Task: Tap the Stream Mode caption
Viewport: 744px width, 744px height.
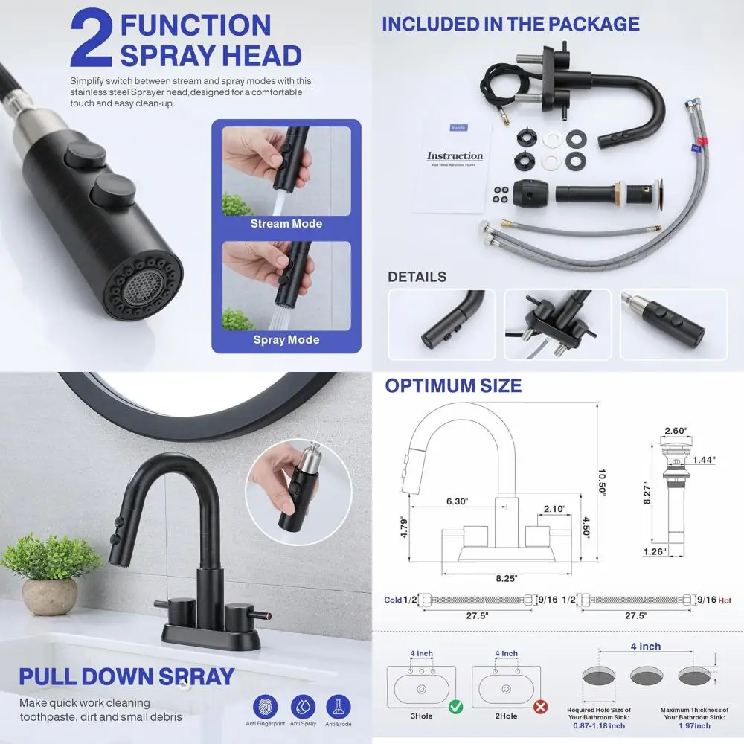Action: [x=286, y=224]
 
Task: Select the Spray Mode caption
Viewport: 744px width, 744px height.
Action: [x=286, y=340]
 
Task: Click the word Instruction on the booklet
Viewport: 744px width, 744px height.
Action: [x=455, y=156]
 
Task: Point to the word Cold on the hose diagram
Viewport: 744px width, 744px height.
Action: [x=393, y=600]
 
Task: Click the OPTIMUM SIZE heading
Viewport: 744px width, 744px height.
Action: [x=452, y=386]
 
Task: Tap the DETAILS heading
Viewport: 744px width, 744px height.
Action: [x=417, y=278]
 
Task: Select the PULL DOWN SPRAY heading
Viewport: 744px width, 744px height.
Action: [x=126, y=677]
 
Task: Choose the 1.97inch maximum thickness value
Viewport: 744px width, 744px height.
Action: [x=693, y=726]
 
